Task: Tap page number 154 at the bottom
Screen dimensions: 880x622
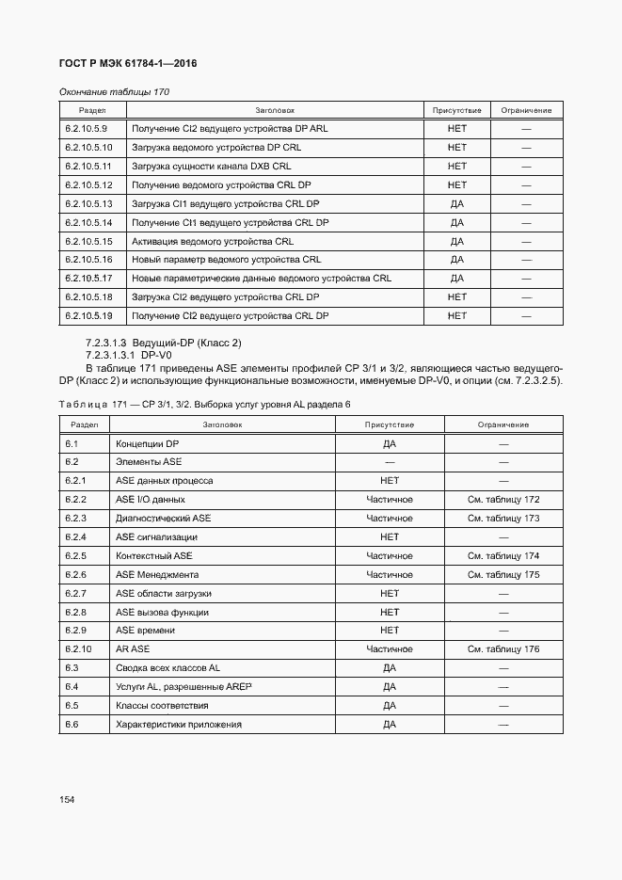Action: point(67,799)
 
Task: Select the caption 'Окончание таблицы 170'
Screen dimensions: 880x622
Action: point(114,91)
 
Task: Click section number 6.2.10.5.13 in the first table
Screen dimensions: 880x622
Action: point(88,203)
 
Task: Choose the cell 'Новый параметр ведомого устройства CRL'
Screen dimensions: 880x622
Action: point(226,260)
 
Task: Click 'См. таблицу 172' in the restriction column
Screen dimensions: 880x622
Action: point(502,500)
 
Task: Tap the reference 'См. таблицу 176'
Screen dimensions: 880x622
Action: point(502,649)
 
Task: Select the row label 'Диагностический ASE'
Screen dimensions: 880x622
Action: point(163,519)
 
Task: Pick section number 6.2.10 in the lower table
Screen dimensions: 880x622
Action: point(78,649)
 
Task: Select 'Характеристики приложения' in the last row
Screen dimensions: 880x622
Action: point(178,725)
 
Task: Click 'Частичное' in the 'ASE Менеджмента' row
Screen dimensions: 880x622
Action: point(389,575)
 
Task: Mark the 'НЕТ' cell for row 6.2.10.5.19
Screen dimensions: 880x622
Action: point(456,315)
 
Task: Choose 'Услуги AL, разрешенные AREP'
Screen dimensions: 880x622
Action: point(183,687)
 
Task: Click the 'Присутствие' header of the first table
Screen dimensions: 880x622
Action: point(456,110)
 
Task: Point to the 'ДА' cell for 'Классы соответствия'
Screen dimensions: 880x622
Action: point(389,706)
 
